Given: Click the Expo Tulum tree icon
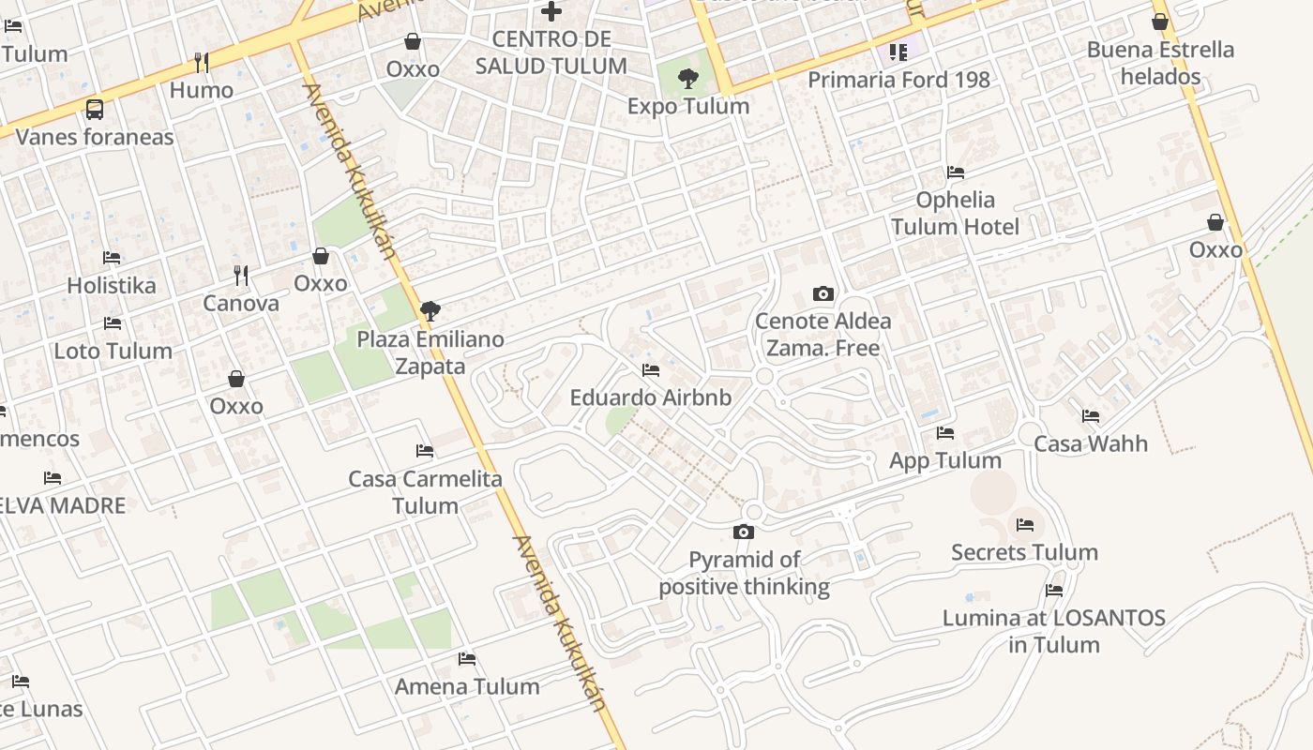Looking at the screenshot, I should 688,78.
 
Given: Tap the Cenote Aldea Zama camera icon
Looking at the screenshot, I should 823,293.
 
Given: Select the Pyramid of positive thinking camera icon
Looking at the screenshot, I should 744,532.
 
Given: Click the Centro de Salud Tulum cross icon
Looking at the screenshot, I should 551,11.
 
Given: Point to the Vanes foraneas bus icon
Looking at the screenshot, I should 95,109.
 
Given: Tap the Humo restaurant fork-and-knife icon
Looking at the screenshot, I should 202,63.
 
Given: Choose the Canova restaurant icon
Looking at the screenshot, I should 241,276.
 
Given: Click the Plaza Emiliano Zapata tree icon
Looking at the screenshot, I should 430,311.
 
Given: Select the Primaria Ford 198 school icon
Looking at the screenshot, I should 898,52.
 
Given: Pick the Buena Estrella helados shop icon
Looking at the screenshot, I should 1160,22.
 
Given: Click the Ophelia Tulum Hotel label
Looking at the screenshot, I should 955,213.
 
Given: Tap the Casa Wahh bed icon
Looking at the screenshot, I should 1091,415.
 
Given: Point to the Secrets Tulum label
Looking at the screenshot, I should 1024,552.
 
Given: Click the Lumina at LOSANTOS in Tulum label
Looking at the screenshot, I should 1054,631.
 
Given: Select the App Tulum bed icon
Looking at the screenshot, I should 945,433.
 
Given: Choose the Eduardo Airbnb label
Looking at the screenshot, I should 651,397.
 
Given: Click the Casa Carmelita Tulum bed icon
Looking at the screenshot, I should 425,451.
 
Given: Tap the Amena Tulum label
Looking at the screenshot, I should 467,686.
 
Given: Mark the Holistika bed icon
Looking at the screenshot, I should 112,257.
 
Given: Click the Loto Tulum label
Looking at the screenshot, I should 113,351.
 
